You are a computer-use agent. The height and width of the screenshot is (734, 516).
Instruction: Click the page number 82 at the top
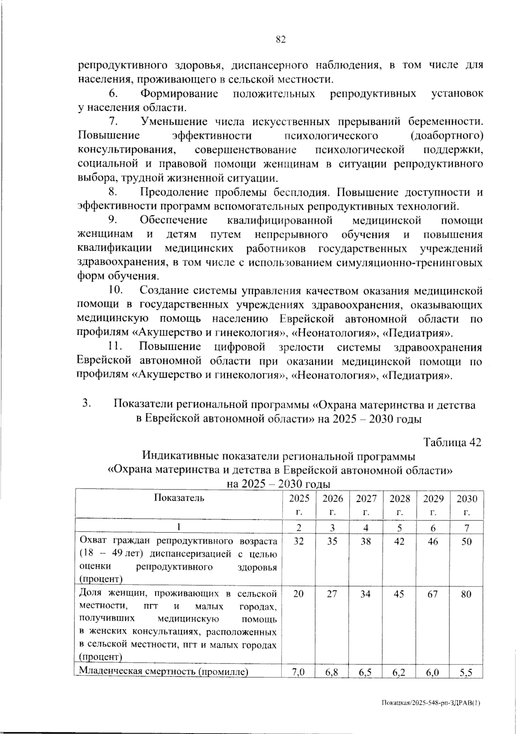[280, 40]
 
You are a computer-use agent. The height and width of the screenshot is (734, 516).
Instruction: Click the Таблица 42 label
[452, 442]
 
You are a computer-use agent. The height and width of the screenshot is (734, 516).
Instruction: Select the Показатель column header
[179, 498]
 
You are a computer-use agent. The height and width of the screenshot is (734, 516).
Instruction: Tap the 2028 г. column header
[399, 505]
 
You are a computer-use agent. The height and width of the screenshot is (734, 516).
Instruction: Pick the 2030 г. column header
[467, 505]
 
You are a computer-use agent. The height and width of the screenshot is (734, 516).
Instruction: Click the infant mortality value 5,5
[466, 673]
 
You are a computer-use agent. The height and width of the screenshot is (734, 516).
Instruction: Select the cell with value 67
[433, 594]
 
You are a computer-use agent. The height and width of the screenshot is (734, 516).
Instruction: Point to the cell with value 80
[467, 594]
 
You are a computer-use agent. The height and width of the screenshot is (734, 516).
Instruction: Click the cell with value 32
[299, 541]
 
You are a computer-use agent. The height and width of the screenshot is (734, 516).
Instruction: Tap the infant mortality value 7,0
[299, 673]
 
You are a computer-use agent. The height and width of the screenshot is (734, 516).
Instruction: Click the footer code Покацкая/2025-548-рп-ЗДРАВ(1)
[430, 703]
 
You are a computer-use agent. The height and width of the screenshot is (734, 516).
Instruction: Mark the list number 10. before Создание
[116, 291]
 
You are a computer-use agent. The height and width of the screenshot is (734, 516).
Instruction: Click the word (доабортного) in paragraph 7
[446, 136]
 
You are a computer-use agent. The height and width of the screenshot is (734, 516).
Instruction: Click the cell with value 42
[399, 541]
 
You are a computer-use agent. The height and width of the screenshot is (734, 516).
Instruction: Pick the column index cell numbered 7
[467, 527]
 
